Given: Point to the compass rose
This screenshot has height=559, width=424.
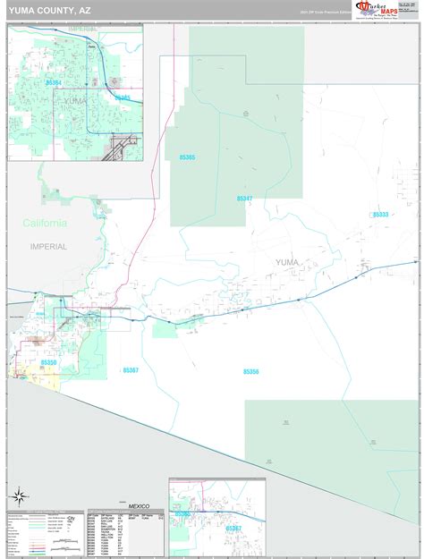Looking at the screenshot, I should (x=19, y=495).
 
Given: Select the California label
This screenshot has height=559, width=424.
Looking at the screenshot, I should (x=44, y=223).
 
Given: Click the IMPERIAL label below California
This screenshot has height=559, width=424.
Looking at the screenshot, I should (x=48, y=247).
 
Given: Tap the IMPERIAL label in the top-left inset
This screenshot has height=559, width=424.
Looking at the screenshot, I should (x=84, y=30).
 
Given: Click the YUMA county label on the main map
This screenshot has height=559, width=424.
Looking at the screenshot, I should (x=286, y=262).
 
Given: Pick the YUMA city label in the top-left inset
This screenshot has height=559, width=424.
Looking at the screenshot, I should (x=75, y=102).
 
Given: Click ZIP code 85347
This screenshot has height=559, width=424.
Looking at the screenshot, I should (x=244, y=199).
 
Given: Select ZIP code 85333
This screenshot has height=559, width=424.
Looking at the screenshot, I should (x=380, y=215).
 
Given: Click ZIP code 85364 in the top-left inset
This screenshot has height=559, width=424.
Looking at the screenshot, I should (x=54, y=83).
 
